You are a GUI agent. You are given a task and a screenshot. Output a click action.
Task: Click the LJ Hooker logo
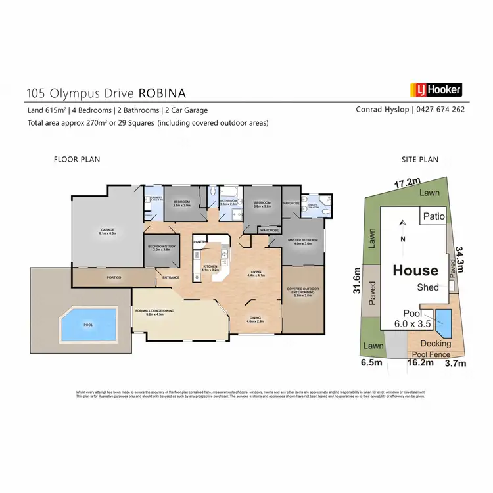436,90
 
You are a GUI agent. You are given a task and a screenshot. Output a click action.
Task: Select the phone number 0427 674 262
441,110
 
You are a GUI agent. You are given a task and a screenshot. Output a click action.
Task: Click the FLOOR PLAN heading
76,159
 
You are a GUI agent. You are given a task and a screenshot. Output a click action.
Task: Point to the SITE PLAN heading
419,159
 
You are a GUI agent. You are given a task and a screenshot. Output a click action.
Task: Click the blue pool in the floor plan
88,325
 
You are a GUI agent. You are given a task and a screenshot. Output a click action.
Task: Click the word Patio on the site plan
434,216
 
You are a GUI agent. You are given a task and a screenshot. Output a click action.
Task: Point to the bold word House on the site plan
415,270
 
